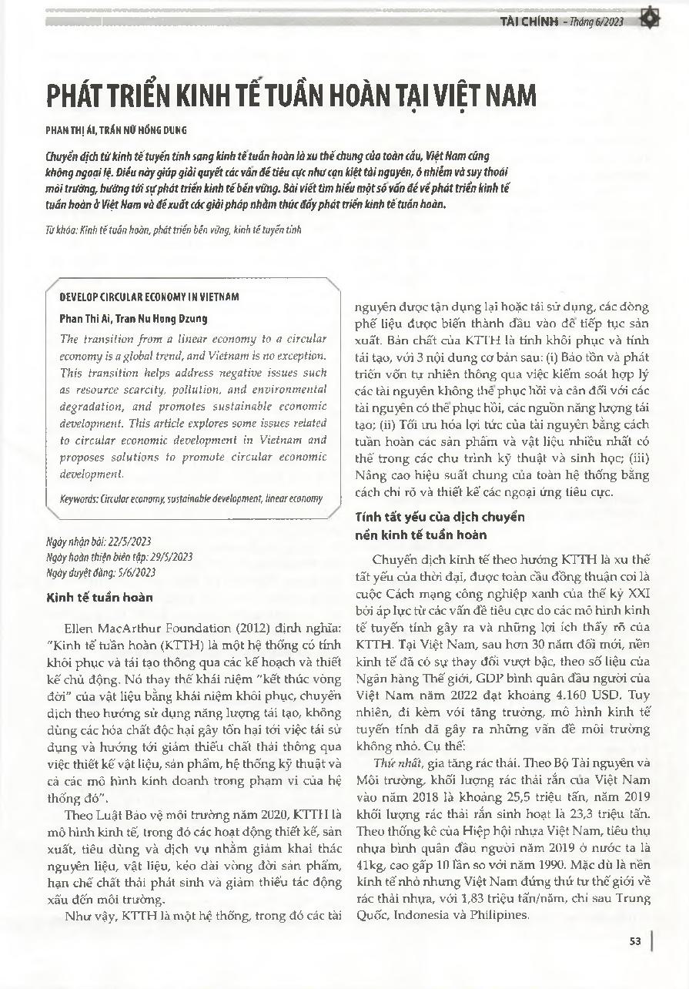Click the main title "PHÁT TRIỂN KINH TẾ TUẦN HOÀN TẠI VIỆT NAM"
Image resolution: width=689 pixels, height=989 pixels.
(290, 97)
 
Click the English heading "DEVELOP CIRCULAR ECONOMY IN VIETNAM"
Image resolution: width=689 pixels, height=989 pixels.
(149, 297)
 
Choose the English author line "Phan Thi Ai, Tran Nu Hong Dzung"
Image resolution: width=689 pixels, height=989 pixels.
(133, 318)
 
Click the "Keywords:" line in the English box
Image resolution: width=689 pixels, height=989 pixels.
(191, 498)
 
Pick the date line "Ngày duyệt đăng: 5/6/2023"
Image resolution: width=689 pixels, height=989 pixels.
(101, 572)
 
